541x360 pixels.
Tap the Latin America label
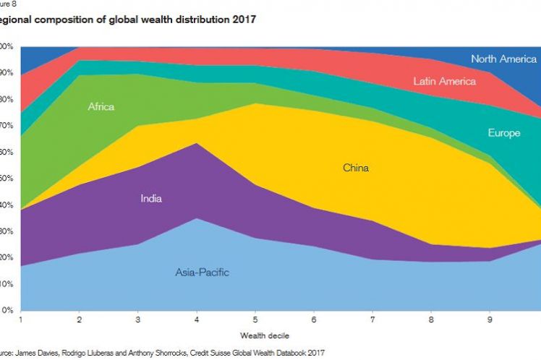pyautogui.click(x=444, y=81)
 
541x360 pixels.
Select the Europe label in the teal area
pyautogui.click(x=504, y=133)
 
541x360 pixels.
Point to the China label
pyautogui.click(x=356, y=168)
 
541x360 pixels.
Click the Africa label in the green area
pyautogui.click(x=101, y=107)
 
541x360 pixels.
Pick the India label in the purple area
pyautogui.click(x=151, y=198)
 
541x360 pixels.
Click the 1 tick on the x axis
pyautogui.click(x=22, y=318)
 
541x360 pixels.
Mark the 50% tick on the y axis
pyautogui.click(x=7, y=179)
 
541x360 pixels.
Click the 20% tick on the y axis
pyautogui.click(x=7, y=257)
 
